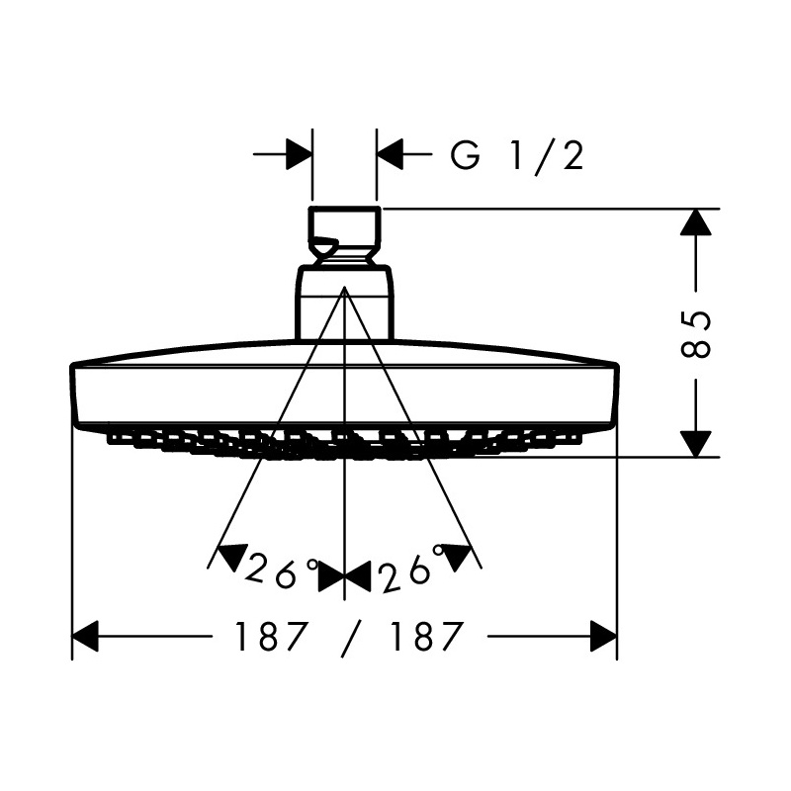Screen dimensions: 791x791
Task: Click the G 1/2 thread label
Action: [x=517, y=156]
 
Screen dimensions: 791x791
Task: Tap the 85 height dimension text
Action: [x=696, y=334]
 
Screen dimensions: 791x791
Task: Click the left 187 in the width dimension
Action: [x=271, y=636]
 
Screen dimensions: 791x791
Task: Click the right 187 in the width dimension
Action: [x=427, y=636]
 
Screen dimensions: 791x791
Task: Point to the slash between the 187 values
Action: [x=349, y=637]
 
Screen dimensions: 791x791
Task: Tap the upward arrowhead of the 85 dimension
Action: [x=696, y=221]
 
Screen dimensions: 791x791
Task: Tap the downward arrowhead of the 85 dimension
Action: [x=696, y=444]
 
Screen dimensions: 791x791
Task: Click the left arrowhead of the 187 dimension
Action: [x=85, y=636]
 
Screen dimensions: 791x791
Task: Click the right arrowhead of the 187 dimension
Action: [x=603, y=636]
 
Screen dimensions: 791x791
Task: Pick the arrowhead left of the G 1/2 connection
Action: [x=299, y=154]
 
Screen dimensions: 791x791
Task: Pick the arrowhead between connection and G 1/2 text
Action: [x=390, y=154]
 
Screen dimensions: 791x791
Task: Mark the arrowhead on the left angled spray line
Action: [x=232, y=556]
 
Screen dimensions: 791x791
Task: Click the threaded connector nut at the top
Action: [x=344, y=235]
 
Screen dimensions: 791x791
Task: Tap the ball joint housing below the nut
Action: [x=344, y=303]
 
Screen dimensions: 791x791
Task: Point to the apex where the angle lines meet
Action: [x=344, y=287]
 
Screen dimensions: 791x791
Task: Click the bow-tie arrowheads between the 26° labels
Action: [x=344, y=577]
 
